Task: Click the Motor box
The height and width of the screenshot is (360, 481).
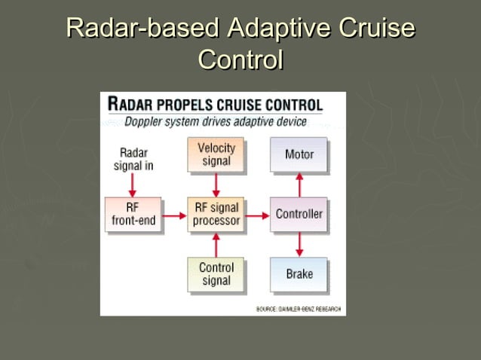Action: point(299,154)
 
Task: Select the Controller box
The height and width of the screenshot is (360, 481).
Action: point(299,214)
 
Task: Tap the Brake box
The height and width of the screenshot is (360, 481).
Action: point(299,274)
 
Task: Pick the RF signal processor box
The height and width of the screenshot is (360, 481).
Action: point(216,214)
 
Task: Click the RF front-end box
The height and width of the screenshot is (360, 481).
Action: point(133,214)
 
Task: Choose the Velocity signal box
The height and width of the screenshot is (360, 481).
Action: point(216,154)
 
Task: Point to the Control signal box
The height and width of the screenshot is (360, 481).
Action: point(216,274)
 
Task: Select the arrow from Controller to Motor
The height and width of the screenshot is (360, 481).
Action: point(299,184)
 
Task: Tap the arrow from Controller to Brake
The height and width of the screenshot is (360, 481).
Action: point(299,244)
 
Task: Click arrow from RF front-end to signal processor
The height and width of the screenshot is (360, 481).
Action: point(175,216)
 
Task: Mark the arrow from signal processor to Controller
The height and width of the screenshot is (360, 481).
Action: point(258,216)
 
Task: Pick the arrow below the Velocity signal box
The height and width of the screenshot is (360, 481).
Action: point(216,185)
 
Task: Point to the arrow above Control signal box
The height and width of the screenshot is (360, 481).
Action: point(216,244)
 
